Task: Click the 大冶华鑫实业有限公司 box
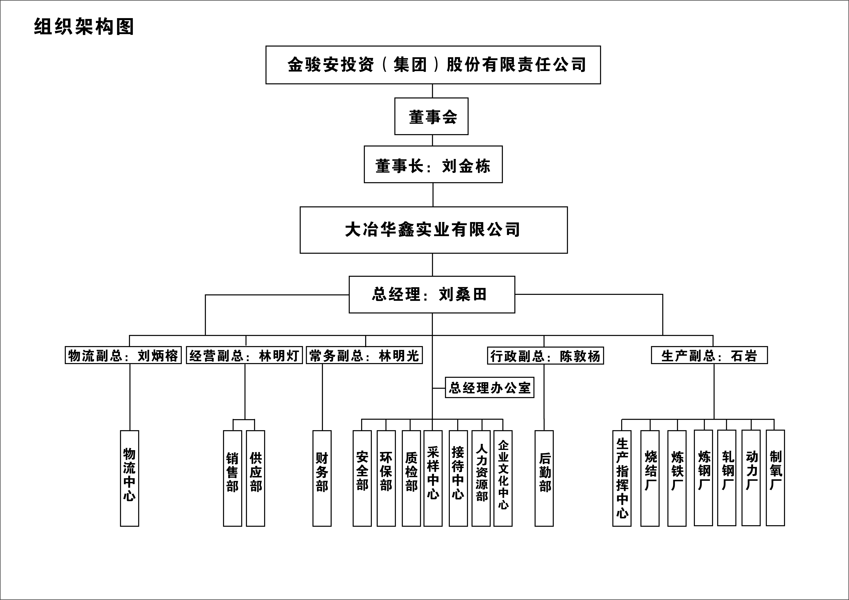click(433, 230)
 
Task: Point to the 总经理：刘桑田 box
click(432, 295)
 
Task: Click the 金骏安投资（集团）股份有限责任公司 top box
click(433, 65)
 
